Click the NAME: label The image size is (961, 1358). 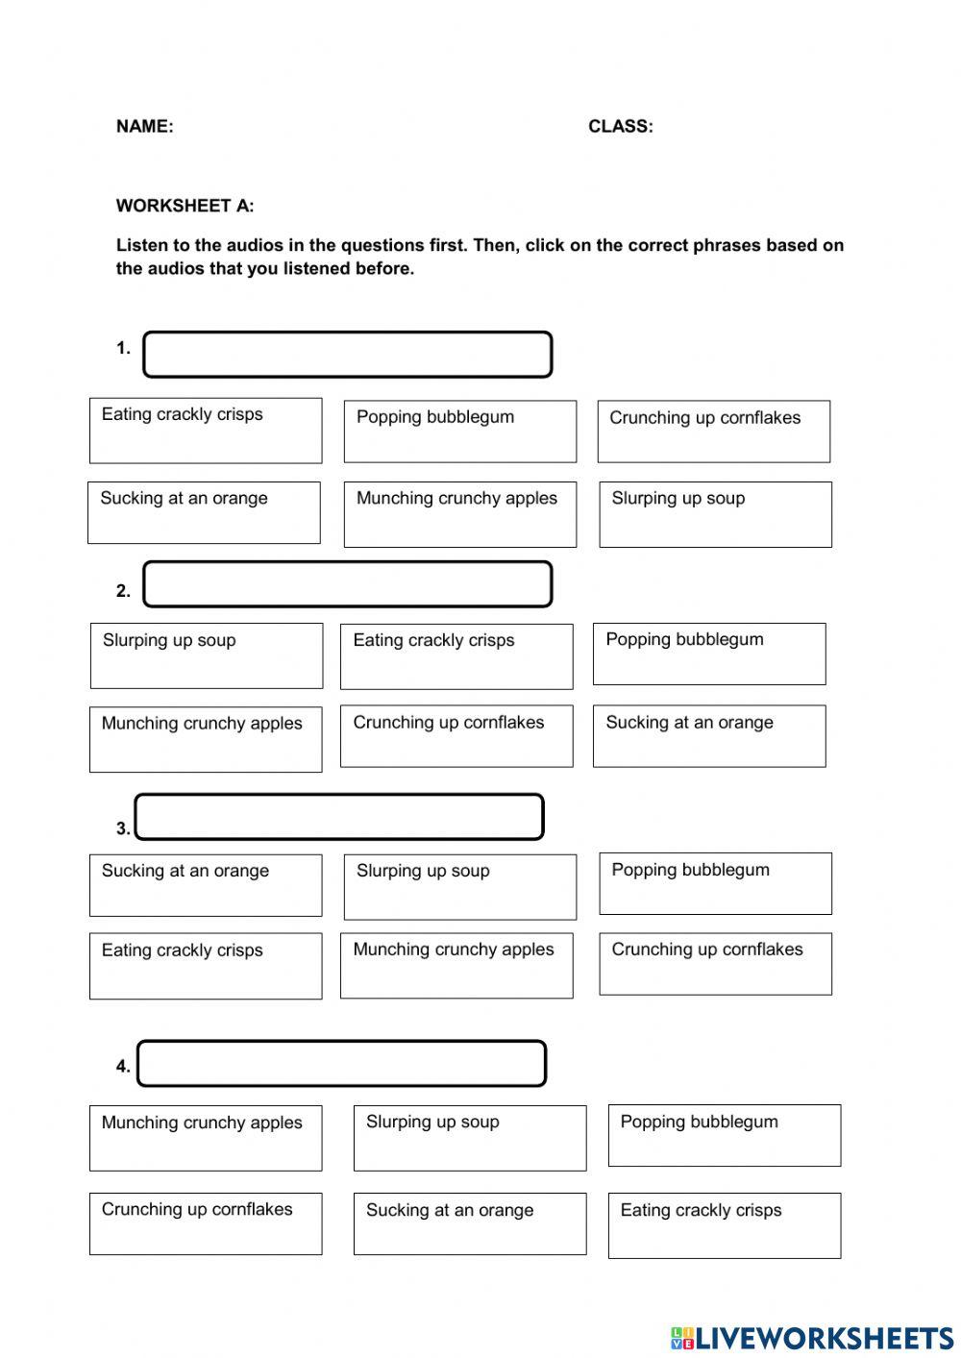[144, 126]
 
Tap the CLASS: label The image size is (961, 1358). [620, 126]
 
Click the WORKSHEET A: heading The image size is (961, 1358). [185, 206]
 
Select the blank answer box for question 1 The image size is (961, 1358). [347, 355]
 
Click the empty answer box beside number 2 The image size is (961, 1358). [347, 584]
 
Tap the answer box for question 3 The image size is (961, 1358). [339, 817]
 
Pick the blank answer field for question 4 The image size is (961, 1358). [341, 1064]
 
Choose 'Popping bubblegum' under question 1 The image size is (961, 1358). [459, 432]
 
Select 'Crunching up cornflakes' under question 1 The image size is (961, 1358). [713, 432]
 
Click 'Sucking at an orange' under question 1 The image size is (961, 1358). [204, 512]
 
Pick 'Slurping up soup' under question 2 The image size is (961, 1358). [206, 655]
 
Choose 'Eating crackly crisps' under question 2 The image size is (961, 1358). [456, 655]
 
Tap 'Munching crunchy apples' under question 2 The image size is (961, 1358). [206, 739]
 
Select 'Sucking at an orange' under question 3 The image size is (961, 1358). [206, 885]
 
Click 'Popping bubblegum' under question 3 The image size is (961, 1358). [715, 883]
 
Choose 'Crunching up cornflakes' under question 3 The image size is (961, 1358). [715, 963]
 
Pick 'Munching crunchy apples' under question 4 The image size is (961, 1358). [206, 1138]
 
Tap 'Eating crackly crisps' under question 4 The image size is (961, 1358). [724, 1225]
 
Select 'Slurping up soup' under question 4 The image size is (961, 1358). [469, 1138]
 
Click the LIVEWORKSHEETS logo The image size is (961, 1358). [812, 1337]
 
